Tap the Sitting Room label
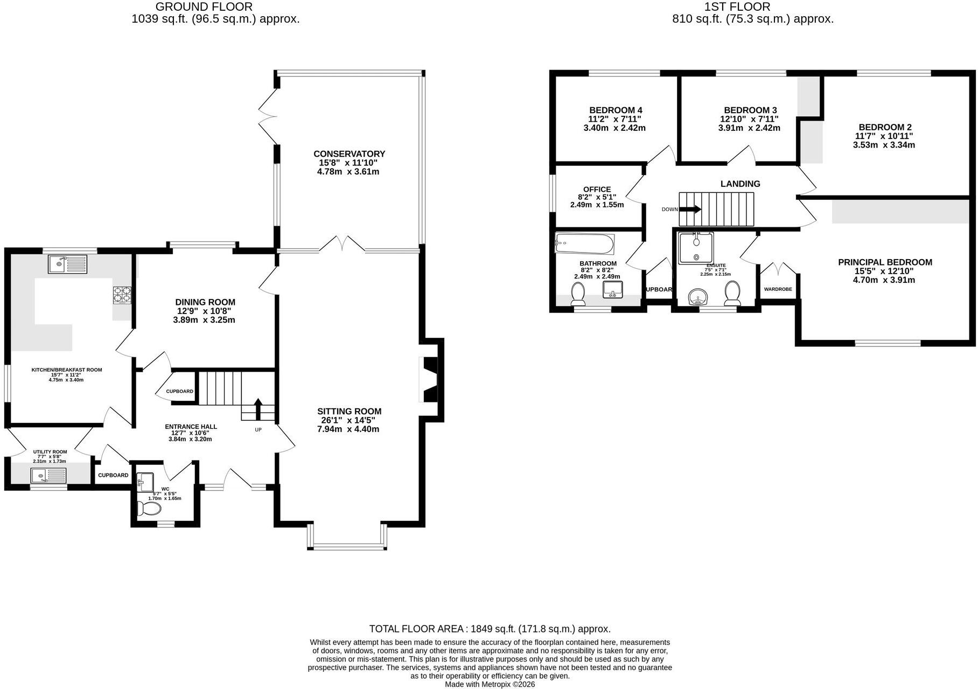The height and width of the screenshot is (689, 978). [x=349, y=412]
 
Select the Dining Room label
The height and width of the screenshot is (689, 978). [x=205, y=302]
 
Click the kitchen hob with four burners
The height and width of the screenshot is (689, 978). [x=122, y=295]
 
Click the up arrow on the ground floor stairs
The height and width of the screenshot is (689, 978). [x=258, y=409]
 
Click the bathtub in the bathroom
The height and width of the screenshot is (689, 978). [x=584, y=244]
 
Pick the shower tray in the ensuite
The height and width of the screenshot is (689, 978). [x=696, y=248]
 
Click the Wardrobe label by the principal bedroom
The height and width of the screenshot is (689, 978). [x=778, y=289]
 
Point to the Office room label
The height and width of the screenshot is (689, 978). [x=597, y=190]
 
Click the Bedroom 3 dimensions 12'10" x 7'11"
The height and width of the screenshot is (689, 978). [x=749, y=119]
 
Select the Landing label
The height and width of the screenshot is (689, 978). [x=741, y=184]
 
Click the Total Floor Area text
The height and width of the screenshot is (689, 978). [x=490, y=629]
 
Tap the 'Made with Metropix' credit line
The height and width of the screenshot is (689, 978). [x=490, y=684]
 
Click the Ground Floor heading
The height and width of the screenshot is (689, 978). [x=204, y=7]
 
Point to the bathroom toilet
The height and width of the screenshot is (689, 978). [x=578, y=294]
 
